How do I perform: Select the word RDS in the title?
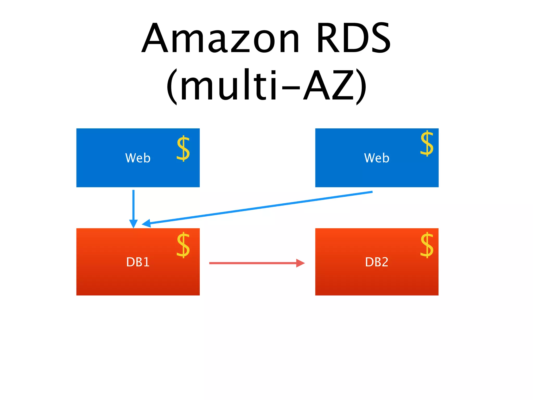click(x=353, y=39)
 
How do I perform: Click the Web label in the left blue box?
click(x=138, y=158)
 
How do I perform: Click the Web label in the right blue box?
click(x=377, y=158)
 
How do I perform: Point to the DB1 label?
click(x=138, y=262)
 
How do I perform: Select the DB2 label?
click(x=377, y=262)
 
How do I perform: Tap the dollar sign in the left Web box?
click(x=183, y=148)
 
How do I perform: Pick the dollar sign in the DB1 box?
click(x=183, y=245)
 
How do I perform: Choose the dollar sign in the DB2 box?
click(x=427, y=245)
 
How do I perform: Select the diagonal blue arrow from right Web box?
click(x=260, y=208)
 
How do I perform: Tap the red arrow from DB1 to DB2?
click(x=252, y=263)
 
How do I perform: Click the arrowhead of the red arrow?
click(x=300, y=263)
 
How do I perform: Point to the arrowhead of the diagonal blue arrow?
click(x=147, y=223)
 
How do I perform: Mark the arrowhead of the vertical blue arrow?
click(x=133, y=223)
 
